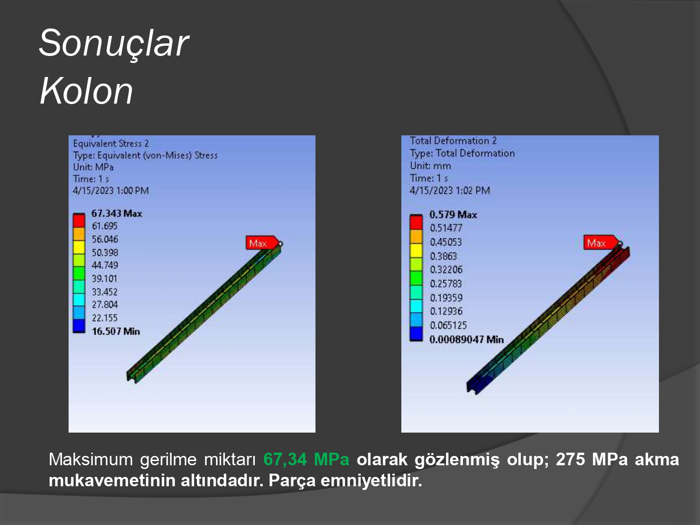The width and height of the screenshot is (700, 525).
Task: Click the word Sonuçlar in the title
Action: pyautogui.click(x=114, y=43)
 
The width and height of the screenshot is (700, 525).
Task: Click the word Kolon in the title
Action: pyautogui.click(x=86, y=91)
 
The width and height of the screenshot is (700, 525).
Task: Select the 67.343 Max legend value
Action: pyautogui.click(x=117, y=213)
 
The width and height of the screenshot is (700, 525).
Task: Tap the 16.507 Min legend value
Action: pyautogui.click(x=116, y=331)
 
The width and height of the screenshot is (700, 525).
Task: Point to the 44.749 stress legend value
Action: pyautogui.click(x=105, y=265)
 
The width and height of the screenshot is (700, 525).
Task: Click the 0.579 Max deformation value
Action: pyautogui.click(x=453, y=215)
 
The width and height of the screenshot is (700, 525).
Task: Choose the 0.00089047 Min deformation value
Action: pyautogui.click(x=467, y=339)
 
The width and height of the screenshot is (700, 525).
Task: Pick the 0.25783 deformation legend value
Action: pyautogui.click(x=446, y=283)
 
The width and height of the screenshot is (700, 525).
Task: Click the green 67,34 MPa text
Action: pyautogui.click(x=306, y=459)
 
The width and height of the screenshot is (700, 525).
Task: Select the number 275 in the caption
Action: pyautogui.click(x=570, y=459)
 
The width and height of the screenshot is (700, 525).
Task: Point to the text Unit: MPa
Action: pyautogui.click(x=93, y=167)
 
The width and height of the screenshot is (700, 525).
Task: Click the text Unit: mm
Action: pyautogui.click(x=430, y=166)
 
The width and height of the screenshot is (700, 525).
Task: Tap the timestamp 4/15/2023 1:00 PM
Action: pyautogui.click(x=111, y=190)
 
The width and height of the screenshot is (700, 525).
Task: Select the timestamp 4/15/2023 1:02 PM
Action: pyautogui.click(x=450, y=190)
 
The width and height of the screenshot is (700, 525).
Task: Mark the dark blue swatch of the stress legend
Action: pyautogui.click(x=79, y=326)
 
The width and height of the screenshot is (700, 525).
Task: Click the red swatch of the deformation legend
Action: pyautogui.click(x=416, y=222)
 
